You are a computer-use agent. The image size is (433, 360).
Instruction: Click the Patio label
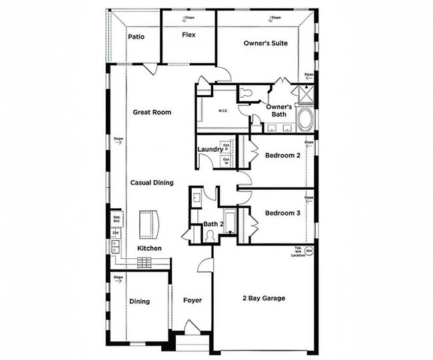136,37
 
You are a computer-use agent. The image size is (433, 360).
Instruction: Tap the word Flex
189,35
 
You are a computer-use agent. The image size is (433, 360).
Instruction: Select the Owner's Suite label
265,43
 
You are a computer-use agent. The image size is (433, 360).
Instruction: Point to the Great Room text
151,112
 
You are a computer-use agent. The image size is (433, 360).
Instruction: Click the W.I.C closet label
224,110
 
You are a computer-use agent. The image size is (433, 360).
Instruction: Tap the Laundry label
210,149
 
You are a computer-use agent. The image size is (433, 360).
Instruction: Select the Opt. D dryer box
226,147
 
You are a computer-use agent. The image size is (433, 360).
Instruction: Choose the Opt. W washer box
226,160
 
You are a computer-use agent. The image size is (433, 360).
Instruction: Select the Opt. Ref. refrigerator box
116,218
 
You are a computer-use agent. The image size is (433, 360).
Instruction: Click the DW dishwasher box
115,232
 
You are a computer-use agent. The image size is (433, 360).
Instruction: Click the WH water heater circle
309,251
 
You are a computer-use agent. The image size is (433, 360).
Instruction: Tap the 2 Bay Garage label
263,298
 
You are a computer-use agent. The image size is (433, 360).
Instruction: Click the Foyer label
193,301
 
